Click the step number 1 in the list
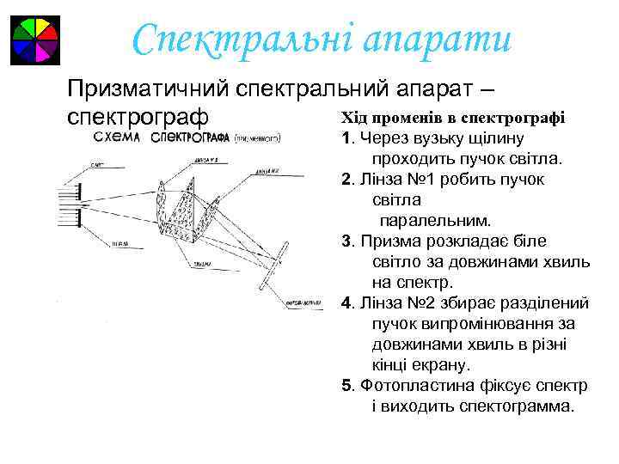click(x=345, y=138)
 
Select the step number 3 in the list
click(x=345, y=241)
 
